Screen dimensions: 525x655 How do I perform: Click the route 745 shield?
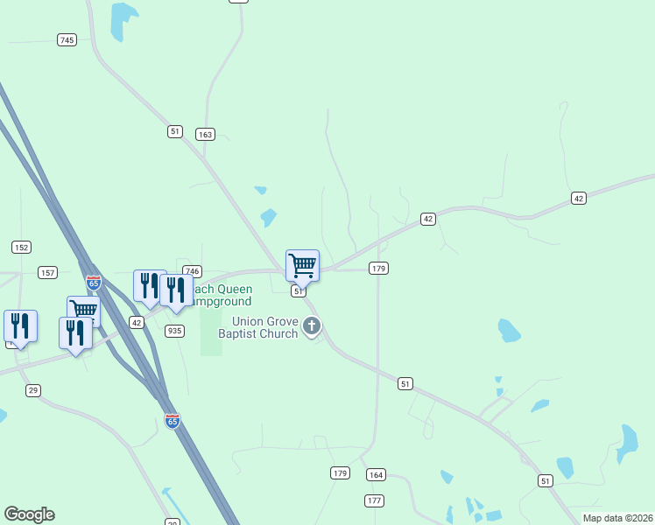[x=67, y=39]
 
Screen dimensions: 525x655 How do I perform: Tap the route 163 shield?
[x=206, y=134]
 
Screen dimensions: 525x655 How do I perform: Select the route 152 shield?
[x=22, y=247]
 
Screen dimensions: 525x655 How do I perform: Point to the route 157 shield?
[x=48, y=273]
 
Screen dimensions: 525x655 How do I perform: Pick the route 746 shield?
[x=193, y=271]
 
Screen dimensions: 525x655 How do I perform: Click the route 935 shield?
[x=175, y=330]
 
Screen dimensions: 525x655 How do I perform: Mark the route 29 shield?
[x=33, y=390]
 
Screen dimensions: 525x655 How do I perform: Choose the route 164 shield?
[x=376, y=474]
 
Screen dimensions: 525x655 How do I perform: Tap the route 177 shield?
[x=375, y=500]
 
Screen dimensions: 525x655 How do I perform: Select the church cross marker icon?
[x=312, y=327]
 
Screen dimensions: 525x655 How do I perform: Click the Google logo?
[x=29, y=514]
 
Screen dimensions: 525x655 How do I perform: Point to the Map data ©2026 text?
[x=618, y=518]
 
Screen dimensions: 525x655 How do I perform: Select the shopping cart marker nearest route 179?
[x=302, y=264]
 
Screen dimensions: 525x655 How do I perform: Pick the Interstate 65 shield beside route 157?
[x=94, y=283]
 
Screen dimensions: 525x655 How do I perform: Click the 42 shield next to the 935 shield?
[x=137, y=322]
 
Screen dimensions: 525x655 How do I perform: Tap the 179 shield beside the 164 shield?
[x=341, y=473]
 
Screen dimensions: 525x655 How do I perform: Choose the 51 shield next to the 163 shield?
[x=175, y=131]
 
